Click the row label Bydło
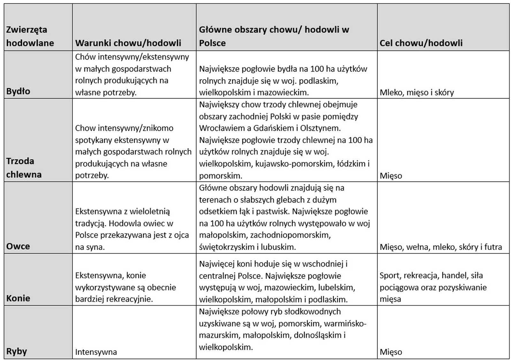(x=18, y=91)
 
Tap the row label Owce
(x=18, y=246)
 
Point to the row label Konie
(x=18, y=298)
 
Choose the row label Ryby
(x=17, y=351)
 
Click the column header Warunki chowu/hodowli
(x=128, y=43)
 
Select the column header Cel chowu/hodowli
(x=421, y=43)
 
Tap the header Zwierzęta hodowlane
(x=30, y=36)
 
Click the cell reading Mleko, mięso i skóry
(x=416, y=93)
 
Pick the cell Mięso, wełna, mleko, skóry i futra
(x=441, y=247)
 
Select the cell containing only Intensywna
(x=96, y=352)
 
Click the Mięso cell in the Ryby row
(x=391, y=352)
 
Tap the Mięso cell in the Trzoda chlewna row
(x=391, y=176)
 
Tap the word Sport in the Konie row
(x=389, y=275)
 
